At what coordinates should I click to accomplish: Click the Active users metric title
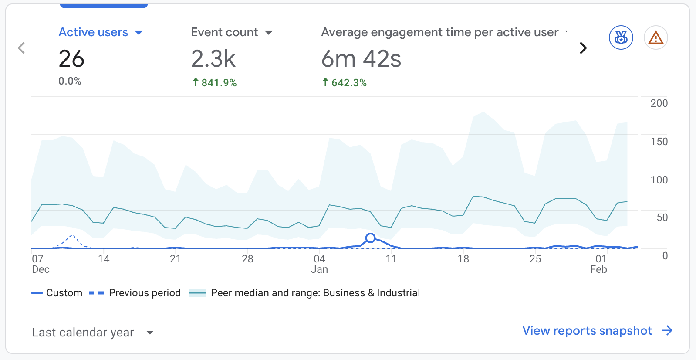[93, 32]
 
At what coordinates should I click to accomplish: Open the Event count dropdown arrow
[269, 33]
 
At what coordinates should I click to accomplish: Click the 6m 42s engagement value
[361, 59]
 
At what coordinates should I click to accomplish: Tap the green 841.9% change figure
[215, 83]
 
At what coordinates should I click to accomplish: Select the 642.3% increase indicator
[345, 83]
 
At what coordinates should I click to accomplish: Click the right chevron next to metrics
[583, 48]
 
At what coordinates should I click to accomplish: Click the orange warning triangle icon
[655, 38]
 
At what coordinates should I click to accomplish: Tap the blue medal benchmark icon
[621, 38]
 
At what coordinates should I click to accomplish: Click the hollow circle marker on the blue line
[370, 238]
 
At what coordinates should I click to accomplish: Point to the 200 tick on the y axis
[659, 103]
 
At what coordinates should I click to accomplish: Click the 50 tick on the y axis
[662, 217]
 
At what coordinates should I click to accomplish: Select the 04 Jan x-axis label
[319, 264]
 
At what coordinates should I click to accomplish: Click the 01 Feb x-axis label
[599, 264]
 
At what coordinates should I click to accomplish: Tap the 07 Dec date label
[40, 264]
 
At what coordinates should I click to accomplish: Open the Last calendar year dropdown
[93, 333]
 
